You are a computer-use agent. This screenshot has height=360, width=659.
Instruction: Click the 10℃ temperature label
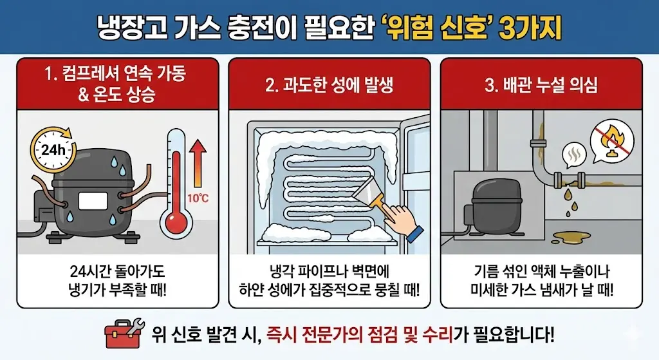point(198,197)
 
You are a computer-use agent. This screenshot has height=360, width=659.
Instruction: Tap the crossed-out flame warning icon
point(612,140)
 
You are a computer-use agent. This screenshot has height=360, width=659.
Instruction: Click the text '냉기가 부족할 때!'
point(117,289)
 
